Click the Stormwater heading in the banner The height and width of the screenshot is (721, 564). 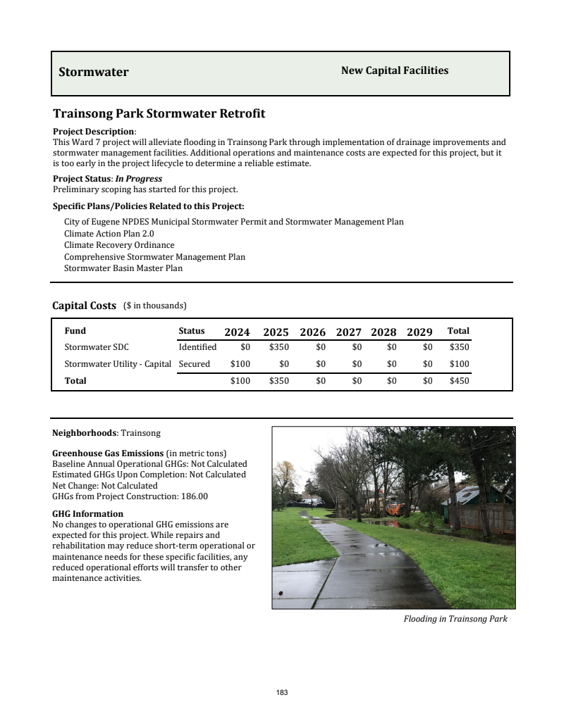coord(94,72)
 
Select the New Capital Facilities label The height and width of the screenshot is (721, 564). coord(394,70)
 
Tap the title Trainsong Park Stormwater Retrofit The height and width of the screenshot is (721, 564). coord(159,113)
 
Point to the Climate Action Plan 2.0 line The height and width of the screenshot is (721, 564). coord(109,233)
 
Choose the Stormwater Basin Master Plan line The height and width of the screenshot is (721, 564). coord(123,268)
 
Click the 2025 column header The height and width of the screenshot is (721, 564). coord(276,332)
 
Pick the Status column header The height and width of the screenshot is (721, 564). coord(192,331)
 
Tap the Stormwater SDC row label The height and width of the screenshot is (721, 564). coord(97,347)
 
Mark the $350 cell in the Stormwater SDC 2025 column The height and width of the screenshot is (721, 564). coord(279,347)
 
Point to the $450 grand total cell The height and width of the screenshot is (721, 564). coord(459,381)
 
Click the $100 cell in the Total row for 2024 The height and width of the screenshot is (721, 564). coord(240,381)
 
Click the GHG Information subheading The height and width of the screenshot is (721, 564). coord(87,514)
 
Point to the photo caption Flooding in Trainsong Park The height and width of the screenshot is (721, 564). coord(455,619)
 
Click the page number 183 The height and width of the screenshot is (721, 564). coord(282,693)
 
